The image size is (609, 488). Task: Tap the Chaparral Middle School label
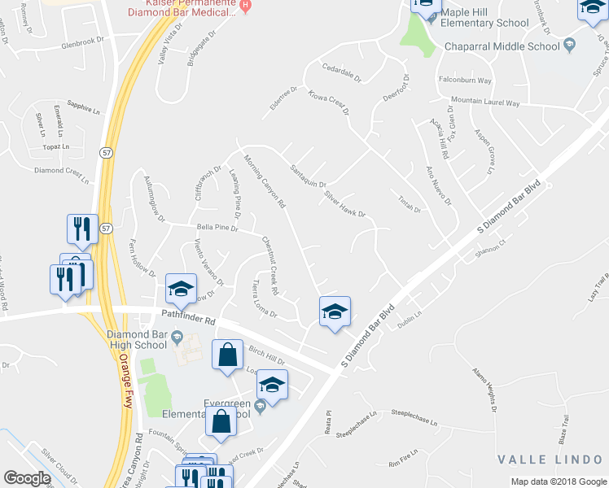[x=502, y=46]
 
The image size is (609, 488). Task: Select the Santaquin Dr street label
[x=308, y=176]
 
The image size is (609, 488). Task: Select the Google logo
[x=27, y=478]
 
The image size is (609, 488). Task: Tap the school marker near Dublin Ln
[x=335, y=312]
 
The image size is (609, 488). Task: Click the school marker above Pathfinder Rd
[x=181, y=290]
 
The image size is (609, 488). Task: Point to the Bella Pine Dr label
[x=215, y=229]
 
